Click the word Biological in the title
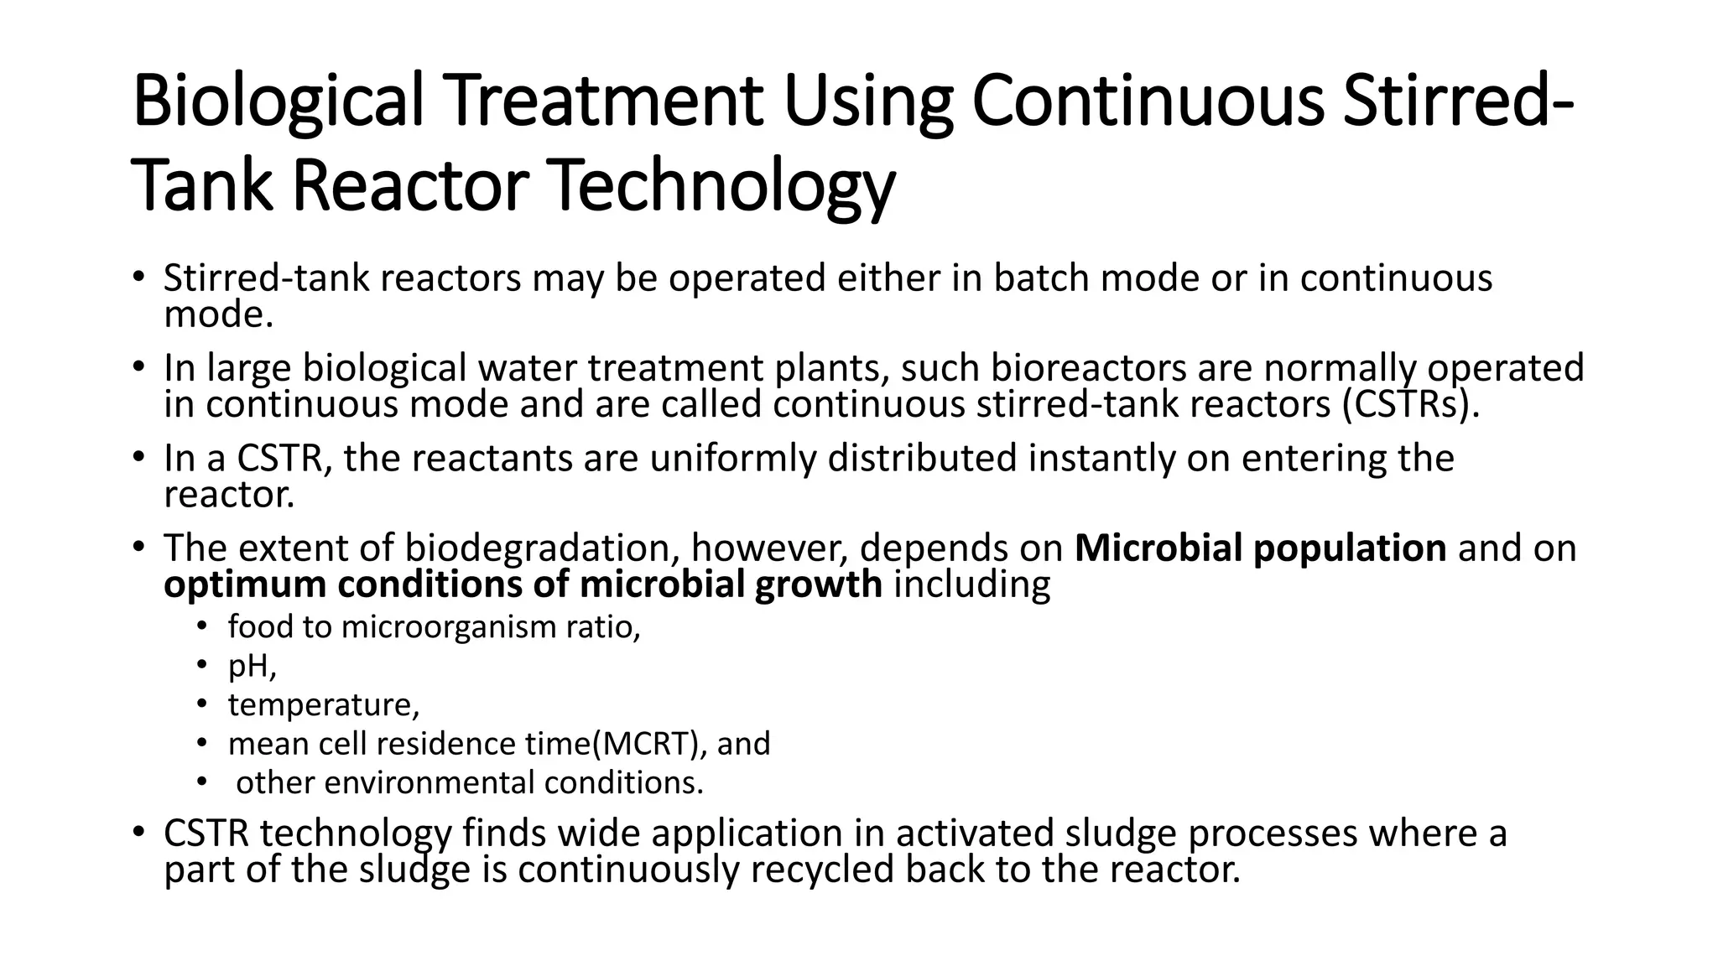278,102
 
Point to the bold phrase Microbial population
1260,548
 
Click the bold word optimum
245,584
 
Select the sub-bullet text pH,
252,666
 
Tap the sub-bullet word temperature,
323,704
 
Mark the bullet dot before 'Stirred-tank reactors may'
138,276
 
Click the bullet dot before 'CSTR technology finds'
138,832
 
